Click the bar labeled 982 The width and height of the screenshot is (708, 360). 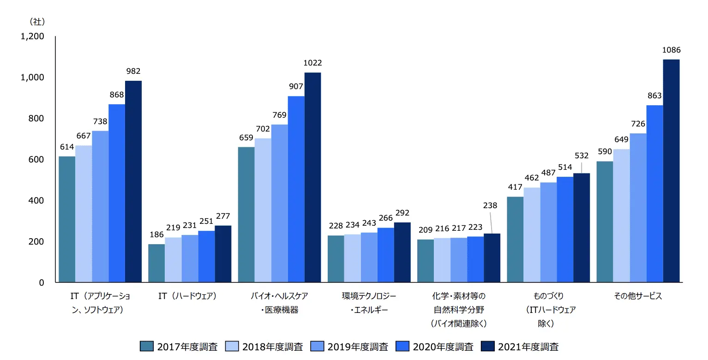pyautogui.click(x=133, y=181)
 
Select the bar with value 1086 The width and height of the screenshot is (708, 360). pyautogui.click(x=671, y=171)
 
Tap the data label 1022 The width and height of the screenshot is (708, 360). pyautogui.click(x=312, y=63)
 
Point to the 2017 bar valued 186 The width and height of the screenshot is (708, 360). pyautogui.click(x=156, y=263)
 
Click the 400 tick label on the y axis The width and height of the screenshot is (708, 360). pyautogui.click(x=36, y=201)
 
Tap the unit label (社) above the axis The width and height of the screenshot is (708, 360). pyautogui.click(x=37, y=21)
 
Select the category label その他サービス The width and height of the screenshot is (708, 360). pyautogui.click(x=638, y=296)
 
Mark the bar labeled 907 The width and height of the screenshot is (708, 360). pyautogui.click(x=296, y=189)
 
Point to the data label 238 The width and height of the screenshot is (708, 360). pyautogui.click(x=490, y=205)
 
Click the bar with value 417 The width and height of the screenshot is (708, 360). pyautogui.click(x=515, y=240)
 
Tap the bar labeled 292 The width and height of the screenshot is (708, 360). pyautogui.click(x=402, y=252)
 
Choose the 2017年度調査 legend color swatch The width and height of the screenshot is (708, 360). pyautogui.click(x=147, y=347)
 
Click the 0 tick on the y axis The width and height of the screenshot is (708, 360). pyautogui.click(x=41, y=282)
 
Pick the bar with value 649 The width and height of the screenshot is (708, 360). pyautogui.click(x=621, y=216)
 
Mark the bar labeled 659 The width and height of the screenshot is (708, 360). pyautogui.click(x=246, y=215)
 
